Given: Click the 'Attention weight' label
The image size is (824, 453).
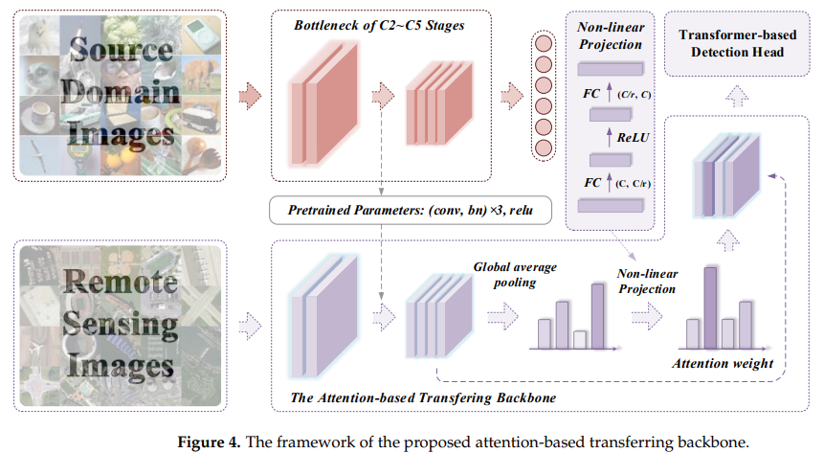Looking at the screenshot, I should click(723, 364).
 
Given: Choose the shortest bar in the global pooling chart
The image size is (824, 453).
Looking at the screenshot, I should click(579, 338).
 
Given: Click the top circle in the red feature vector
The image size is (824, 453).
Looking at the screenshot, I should click(544, 43).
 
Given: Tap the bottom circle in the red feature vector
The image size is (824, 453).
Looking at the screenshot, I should click(544, 148).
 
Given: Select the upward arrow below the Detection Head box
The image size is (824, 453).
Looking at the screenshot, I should click(735, 95).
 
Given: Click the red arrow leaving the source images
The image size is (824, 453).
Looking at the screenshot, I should click(249, 94).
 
